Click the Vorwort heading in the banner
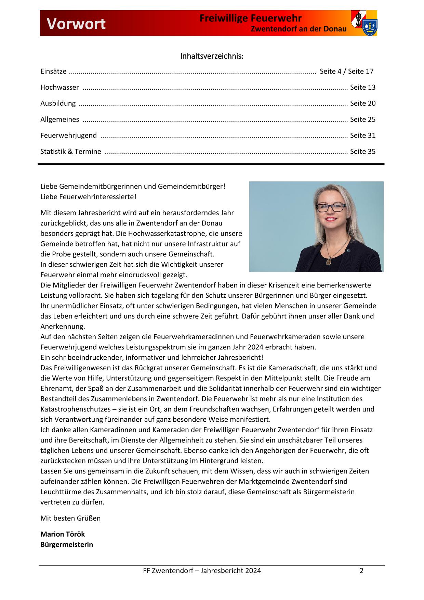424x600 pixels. pos(76,24)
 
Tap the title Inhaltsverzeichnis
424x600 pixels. pos(212,56)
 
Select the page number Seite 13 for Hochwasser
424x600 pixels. pos(362,87)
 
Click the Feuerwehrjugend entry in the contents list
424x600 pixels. pos(68,136)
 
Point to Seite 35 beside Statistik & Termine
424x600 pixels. pos(362,152)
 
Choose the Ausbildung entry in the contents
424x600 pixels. pos(58,103)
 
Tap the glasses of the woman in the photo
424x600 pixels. pos(331,207)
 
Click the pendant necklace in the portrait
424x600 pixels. pos(329,261)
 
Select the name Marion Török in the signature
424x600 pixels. pos(63,534)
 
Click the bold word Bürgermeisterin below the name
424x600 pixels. pos(67,545)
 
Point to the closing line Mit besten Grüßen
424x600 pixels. pos(70,518)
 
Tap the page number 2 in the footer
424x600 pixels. pos(361,571)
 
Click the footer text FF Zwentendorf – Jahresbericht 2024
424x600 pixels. pos(202,571)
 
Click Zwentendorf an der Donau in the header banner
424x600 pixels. pos(299,29)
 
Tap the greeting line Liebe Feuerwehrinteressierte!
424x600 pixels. pos(88,197)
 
